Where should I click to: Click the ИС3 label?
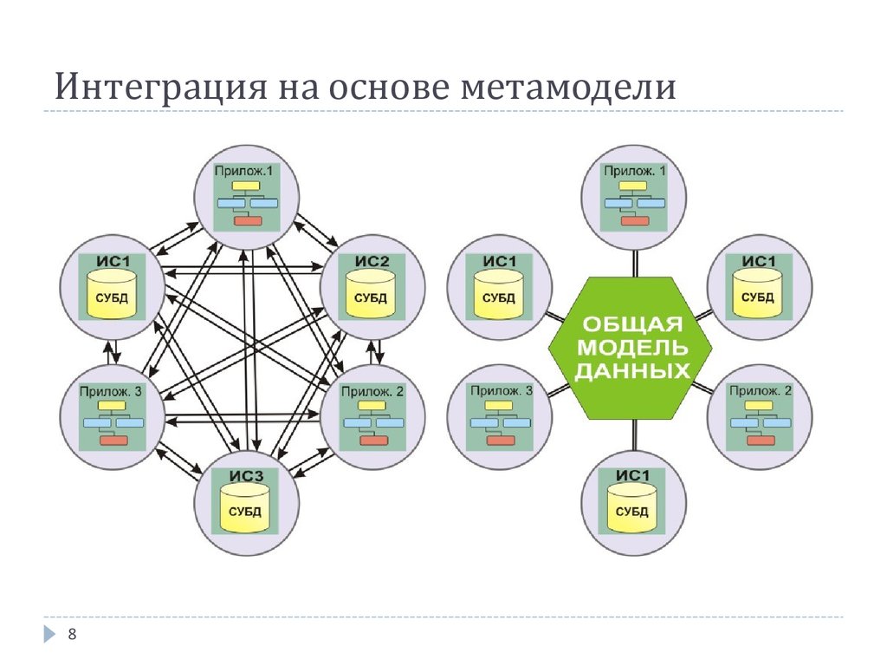point(246,474)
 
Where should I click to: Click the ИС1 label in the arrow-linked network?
point(113,261)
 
